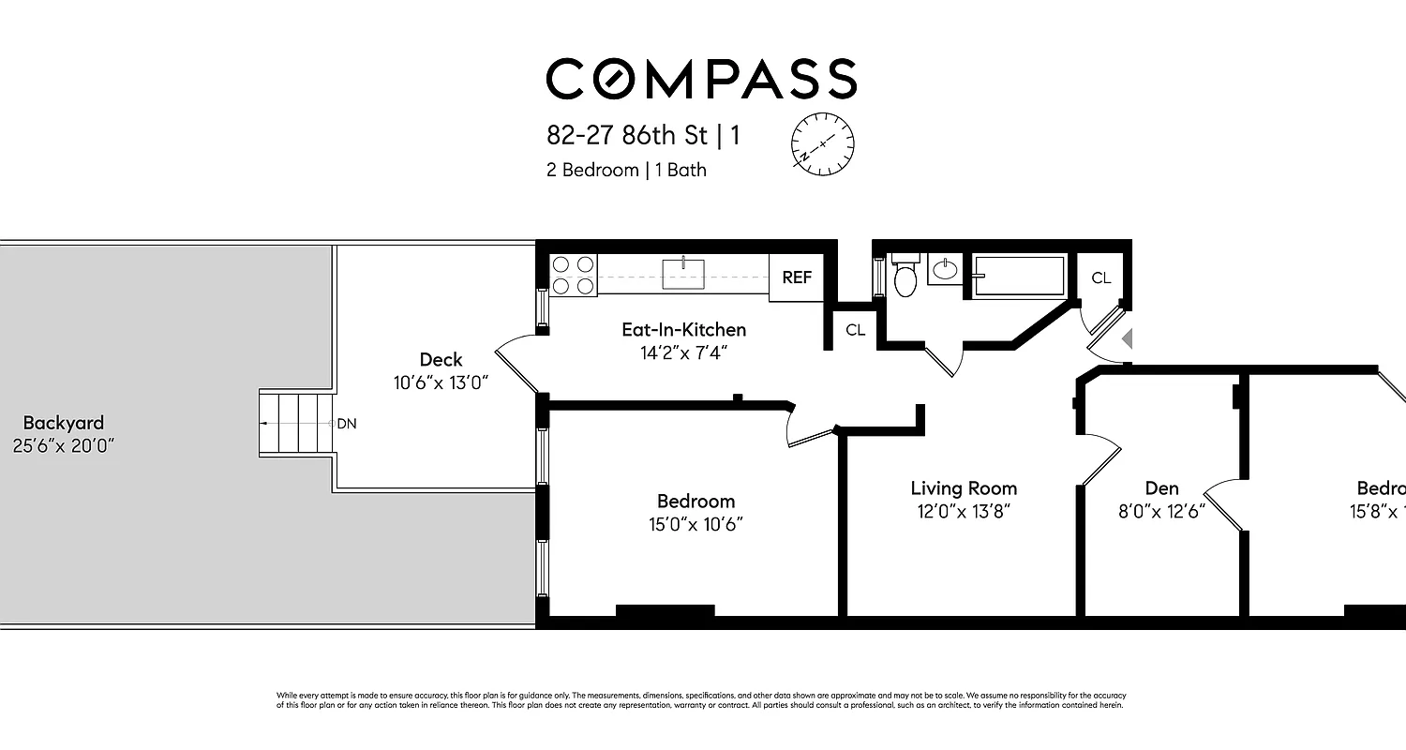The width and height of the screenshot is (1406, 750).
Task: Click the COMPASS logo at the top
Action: (701, 79)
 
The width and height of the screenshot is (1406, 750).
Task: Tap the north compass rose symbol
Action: (822, 143)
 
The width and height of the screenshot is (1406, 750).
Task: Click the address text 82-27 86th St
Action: (627, 135)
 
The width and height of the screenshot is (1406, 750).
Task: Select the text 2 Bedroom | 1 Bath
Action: (626, 170)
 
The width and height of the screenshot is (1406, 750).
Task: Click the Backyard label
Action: (64, 423)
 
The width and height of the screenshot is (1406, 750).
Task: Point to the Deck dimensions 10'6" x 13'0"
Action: (441, 382)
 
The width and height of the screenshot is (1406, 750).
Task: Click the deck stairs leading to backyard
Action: (297, 424)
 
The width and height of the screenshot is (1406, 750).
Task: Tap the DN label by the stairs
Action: (347, 424)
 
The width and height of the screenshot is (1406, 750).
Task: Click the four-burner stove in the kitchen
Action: (574, 276)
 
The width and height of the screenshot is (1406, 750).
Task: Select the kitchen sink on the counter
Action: (683, 273)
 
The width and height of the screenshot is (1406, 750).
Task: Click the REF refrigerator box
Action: (797, 277)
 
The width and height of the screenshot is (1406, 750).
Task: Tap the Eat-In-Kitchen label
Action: (683, 329)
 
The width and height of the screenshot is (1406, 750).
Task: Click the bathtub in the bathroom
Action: (1018, 276)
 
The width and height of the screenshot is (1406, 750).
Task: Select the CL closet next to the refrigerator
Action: (855, 330)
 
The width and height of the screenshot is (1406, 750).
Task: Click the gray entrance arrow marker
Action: (1128, 337)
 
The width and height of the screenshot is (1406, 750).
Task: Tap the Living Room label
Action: (964, 488)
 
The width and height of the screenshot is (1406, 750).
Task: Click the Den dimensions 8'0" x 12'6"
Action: (1162, 511)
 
